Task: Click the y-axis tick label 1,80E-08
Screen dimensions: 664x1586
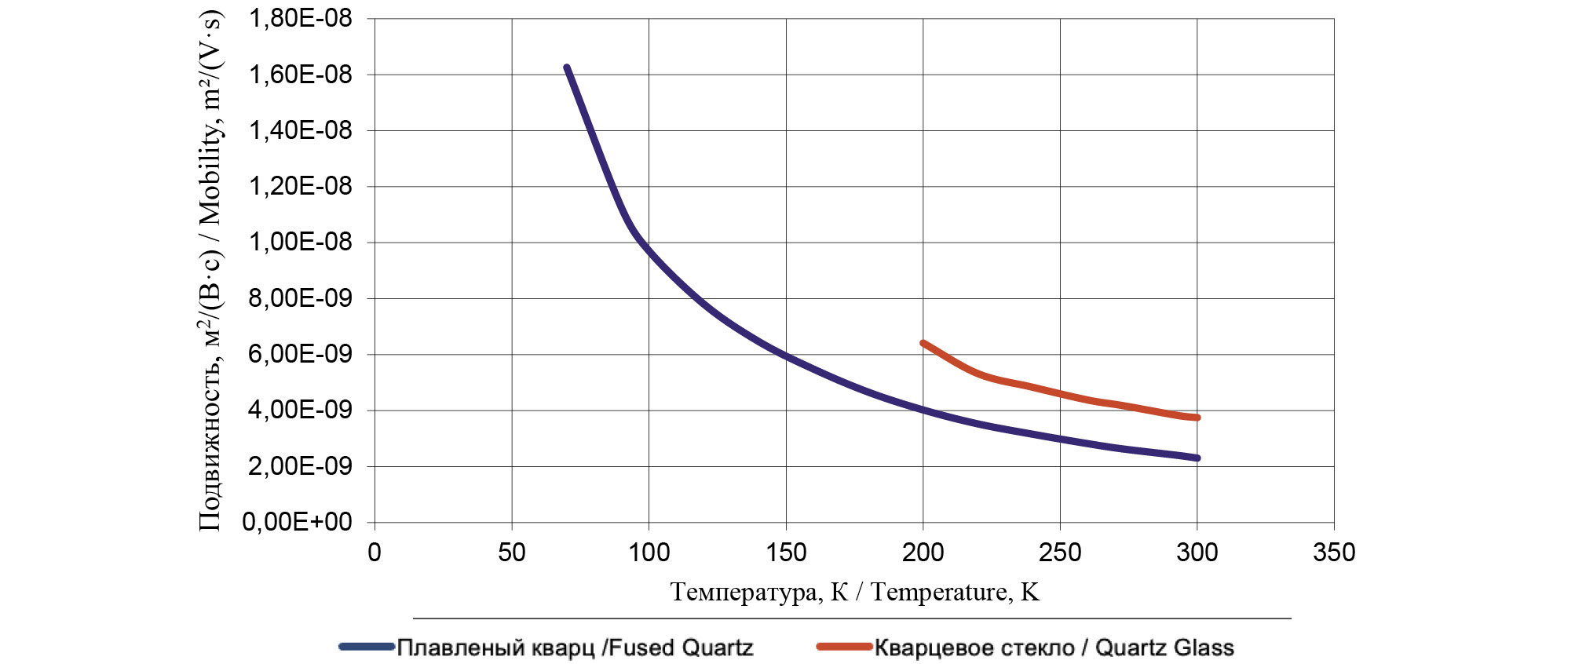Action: click(x=300, y=18)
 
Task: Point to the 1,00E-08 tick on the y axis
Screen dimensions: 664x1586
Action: click(x=300, y=242)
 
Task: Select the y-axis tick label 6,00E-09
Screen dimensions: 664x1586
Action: click(x=300, y=354)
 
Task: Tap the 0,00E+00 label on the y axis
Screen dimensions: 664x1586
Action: click(x=297, y=522)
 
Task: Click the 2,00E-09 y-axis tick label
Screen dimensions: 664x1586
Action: click(x=300, y=466)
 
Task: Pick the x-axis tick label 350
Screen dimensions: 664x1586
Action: click(x=1334, y=553)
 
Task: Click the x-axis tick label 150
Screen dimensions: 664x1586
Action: click(x=786, y=553)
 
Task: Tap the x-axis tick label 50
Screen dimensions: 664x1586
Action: click(x=512, y=553)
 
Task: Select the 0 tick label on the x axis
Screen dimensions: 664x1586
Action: click(x=375, y=553)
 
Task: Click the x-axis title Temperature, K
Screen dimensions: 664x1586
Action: click(x=854, y=592)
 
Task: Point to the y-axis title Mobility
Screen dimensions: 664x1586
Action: click(x=210, y=271)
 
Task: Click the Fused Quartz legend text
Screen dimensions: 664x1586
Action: click(x=575, y=648)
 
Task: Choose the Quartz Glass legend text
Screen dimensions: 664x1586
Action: click(x=1054, y=648)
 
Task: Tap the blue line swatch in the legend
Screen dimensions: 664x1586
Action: click(x=367, y=647)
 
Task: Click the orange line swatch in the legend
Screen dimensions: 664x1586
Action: click(x=845, y=647)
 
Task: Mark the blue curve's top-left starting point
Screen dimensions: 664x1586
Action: click(x=567, y=68)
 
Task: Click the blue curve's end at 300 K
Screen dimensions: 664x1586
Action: click(x=1197, y=458)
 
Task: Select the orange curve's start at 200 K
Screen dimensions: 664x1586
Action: click(x=923, y=343)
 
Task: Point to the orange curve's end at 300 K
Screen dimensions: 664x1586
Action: click(x=1197, y=418)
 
